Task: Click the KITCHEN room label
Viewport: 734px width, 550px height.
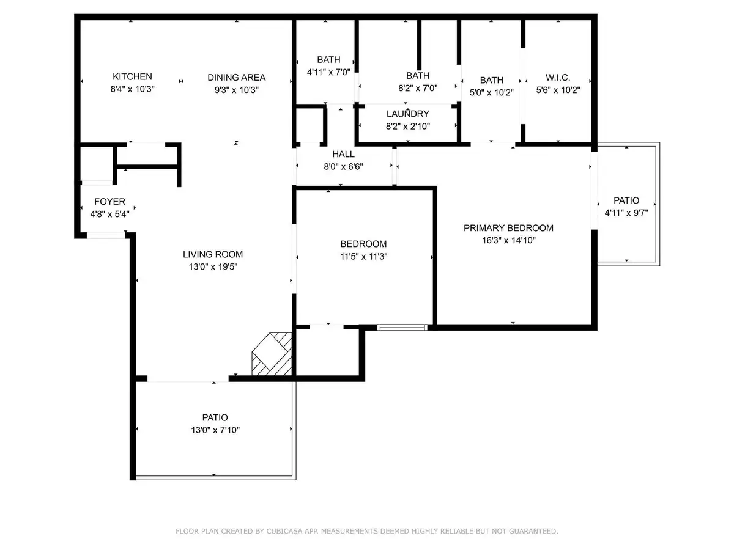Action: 132,76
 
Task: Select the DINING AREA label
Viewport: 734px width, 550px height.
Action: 236,77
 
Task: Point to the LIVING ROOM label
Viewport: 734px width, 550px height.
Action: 213,254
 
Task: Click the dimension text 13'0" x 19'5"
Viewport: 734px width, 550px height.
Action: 213,267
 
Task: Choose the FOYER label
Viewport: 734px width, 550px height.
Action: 109,201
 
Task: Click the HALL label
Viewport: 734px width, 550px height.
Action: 343,155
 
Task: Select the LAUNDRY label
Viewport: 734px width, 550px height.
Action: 407,114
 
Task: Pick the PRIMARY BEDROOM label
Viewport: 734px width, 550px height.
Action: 508,228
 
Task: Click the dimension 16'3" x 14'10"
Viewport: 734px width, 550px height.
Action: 508,240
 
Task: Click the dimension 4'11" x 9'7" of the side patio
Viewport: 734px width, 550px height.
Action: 626,213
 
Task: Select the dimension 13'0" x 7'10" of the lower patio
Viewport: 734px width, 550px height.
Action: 215,430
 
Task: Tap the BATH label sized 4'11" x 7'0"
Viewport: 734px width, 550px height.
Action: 328,60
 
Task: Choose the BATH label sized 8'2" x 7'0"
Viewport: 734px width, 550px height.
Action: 418,76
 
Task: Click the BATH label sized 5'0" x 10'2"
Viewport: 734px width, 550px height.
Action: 491,80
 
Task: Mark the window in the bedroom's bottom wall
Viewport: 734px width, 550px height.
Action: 402,328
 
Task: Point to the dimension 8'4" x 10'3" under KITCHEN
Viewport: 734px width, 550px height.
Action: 132,89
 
